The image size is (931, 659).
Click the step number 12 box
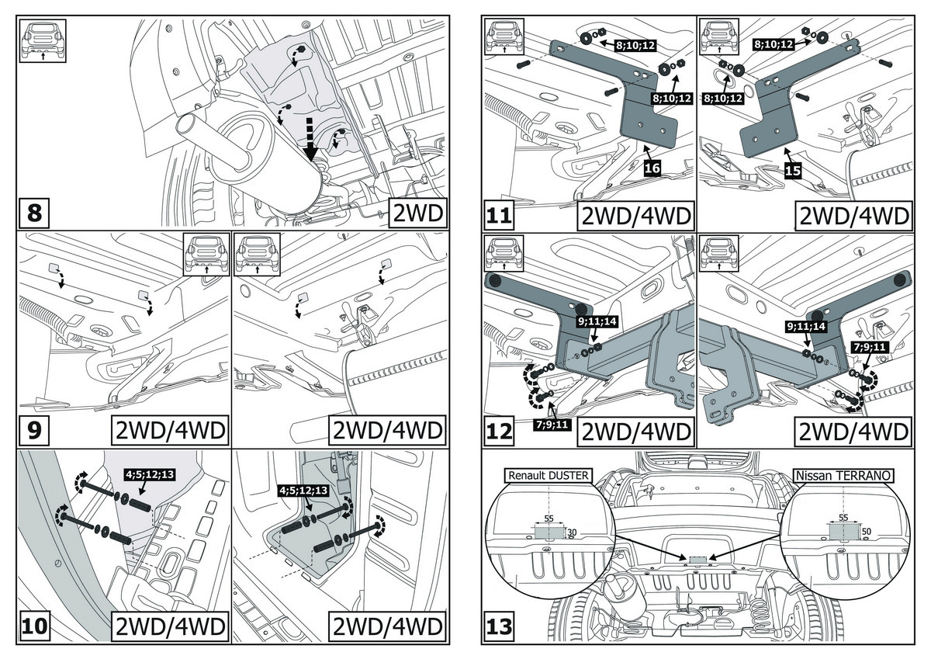tap(500, 428)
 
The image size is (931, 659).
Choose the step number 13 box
tap(500, 626)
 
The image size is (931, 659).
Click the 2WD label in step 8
tap(420, 212)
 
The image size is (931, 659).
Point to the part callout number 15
tap(792, 172)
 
